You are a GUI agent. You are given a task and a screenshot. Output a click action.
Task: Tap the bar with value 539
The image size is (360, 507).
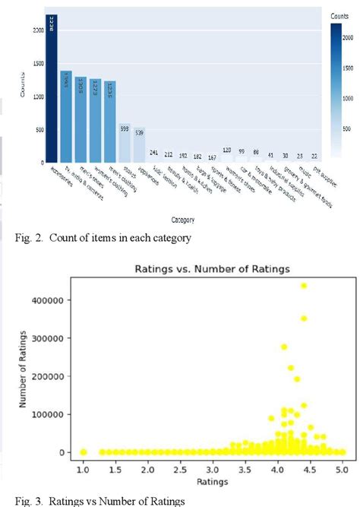(139, 145)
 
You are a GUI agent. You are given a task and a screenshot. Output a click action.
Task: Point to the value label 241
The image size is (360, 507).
(154, 152)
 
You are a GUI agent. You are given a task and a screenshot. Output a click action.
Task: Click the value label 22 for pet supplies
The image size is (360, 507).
(314, 156)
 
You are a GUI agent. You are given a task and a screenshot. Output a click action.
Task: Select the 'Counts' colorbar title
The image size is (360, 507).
(340, 14)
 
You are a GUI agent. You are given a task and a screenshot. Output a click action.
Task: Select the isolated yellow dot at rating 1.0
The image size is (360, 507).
(84, 452)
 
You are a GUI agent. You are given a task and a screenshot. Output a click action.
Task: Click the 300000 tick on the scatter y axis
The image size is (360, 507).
(57, 337)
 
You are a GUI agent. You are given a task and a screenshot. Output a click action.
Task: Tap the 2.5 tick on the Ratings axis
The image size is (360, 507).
(183, 471)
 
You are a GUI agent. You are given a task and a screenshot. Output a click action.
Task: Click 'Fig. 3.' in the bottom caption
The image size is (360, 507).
(26, 501)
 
